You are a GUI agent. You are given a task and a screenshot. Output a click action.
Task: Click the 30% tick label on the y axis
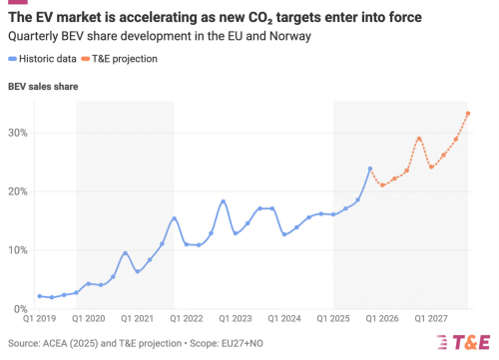[17, 133]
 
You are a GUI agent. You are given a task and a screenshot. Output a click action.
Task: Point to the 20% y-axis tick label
[17, 191]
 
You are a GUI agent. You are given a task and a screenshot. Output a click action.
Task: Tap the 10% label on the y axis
[17, 250]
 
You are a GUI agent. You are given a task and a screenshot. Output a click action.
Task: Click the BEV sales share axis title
[43, 87]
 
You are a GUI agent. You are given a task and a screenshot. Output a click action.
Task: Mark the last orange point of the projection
[468, 113]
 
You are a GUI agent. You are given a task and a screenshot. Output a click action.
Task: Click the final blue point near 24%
[370, 169]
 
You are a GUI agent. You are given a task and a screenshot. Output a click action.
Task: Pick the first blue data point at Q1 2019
[39, 296]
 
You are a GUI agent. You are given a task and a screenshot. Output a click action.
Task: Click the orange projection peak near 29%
[419, 139]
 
